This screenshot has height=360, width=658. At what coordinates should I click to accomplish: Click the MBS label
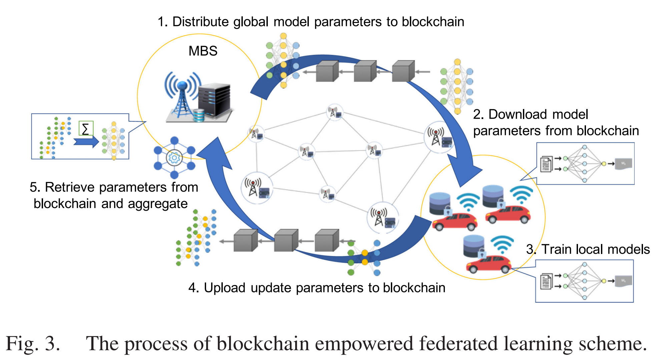pyautogui.click(x=203, y=51)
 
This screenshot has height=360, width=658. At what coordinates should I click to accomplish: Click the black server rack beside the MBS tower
pyautogui.click(x=214, y=100)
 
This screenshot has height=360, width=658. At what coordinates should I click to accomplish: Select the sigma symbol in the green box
pyautogui.click(x=86, y=129)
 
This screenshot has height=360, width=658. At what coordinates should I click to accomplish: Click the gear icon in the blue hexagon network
pyautogui.click(x=174, y=158)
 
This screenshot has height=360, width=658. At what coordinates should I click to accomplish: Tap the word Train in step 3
pyautogui.click(x=556, y=249)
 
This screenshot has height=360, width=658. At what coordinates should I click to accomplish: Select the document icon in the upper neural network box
pyautogui.click(x=546, y=164)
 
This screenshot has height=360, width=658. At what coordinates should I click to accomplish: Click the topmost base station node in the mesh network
pyautogui.click(x=335, y=112)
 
